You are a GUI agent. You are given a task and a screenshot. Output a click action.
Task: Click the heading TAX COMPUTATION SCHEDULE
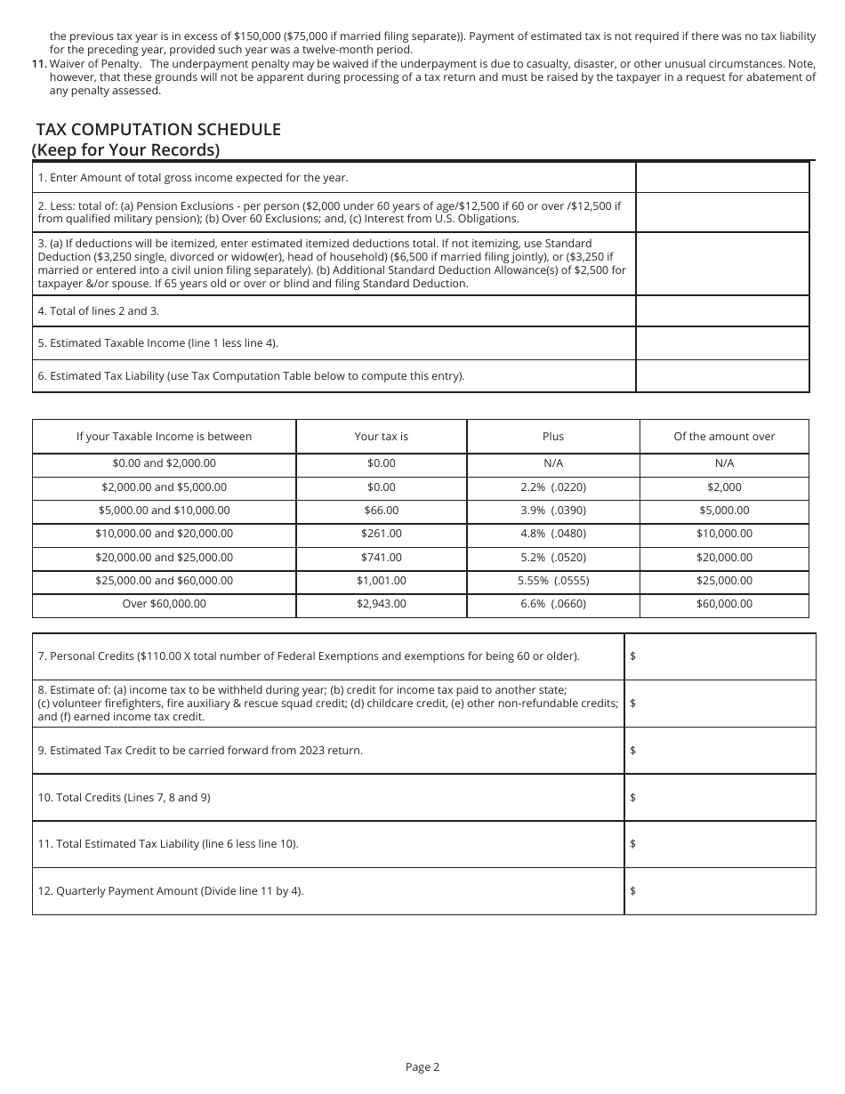(x=158, y=130)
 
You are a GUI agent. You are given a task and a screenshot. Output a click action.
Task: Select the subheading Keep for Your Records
(x=125, y=149)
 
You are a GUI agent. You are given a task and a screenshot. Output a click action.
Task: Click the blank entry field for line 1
(x=722, y=177)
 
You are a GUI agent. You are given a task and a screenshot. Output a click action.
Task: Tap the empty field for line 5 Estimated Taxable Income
(x=722, y=343)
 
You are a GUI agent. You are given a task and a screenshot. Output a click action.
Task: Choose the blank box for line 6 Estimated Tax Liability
(x=722, y=375)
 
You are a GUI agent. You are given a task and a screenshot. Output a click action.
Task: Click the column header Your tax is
(x=381, y=437)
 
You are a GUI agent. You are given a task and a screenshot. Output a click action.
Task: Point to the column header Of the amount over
(x=724, y=437)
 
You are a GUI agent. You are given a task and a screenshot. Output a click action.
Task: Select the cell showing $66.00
(x=381, y=511)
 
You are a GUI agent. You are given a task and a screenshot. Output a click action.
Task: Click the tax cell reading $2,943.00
(x=381, y=604)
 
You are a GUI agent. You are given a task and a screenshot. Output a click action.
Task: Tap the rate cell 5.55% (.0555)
(x=552, y=581)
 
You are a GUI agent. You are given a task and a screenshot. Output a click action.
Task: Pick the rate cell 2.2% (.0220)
(x=552, y=487)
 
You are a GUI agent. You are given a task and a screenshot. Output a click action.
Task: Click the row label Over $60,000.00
(x=164, y=604)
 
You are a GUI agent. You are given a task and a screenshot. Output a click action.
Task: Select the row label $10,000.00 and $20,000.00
(x=164, y=534)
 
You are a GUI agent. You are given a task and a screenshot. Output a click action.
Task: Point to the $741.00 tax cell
(x=381, y=558)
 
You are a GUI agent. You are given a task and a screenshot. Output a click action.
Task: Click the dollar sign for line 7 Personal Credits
(x=632, y=656)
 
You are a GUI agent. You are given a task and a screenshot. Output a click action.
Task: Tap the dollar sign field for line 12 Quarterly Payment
(x=632, y=891)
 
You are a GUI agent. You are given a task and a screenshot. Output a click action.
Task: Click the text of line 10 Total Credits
(x=124, y=798)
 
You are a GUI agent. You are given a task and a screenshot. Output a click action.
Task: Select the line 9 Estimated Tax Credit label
(x=200, y=751)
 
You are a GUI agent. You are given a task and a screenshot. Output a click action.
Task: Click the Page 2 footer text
(x=422, y=1067)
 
